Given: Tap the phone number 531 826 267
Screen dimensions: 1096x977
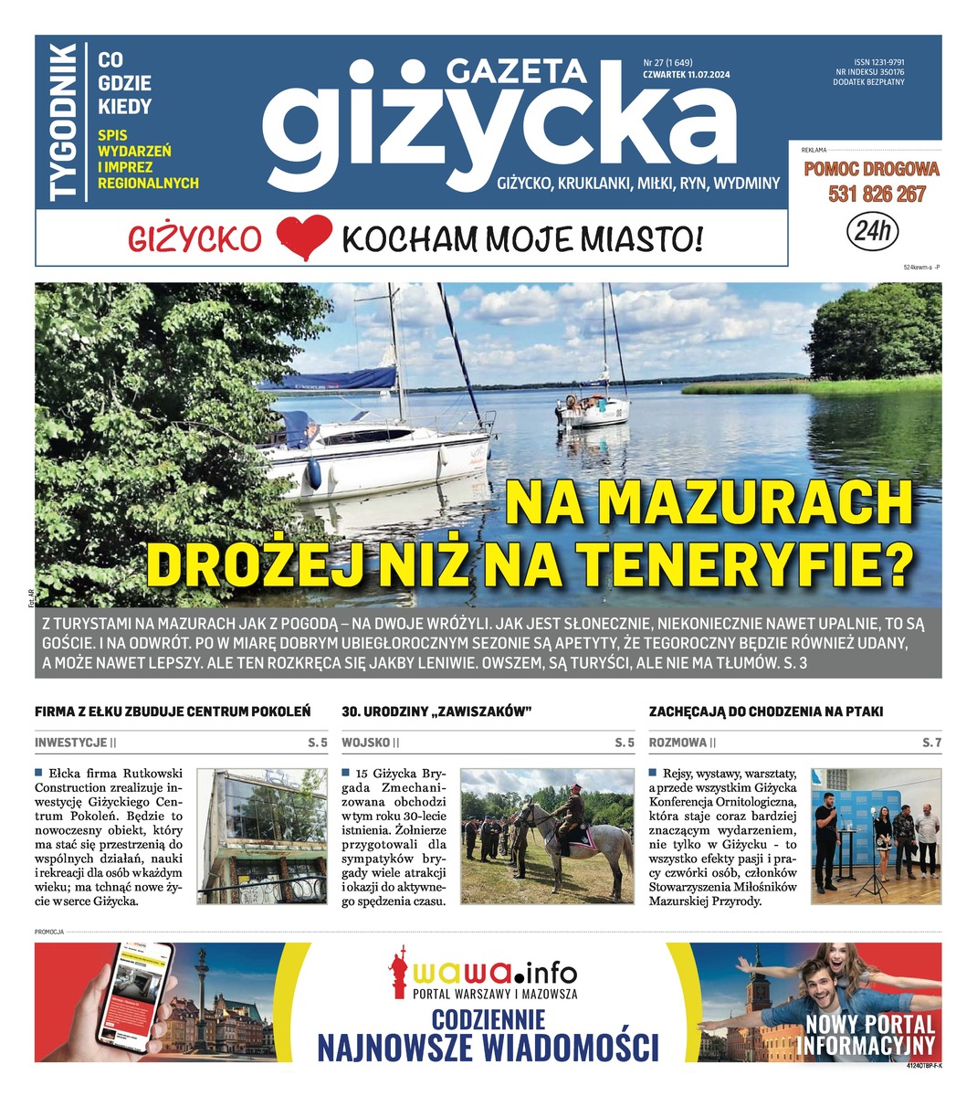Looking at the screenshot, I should coord(877,195).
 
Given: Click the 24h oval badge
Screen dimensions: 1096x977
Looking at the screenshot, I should coord(872,231).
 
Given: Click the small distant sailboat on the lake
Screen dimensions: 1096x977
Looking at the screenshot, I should coord(594,407).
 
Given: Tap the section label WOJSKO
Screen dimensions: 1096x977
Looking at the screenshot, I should coord(366,743).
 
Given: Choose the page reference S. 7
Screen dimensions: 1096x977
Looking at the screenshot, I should coord(931,743).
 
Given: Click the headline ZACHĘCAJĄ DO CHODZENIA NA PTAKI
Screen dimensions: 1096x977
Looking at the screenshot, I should coord(765,711).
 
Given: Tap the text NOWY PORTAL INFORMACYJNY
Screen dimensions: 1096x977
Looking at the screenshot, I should coord(868,1035).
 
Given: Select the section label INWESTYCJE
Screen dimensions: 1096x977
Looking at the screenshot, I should coord(71,743).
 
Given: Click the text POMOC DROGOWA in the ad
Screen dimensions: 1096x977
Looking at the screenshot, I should coord(871,169).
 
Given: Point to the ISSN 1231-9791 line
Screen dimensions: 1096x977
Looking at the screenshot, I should coord(872,62).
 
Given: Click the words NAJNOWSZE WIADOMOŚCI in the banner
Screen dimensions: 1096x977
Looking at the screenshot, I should coord(488,1047).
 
